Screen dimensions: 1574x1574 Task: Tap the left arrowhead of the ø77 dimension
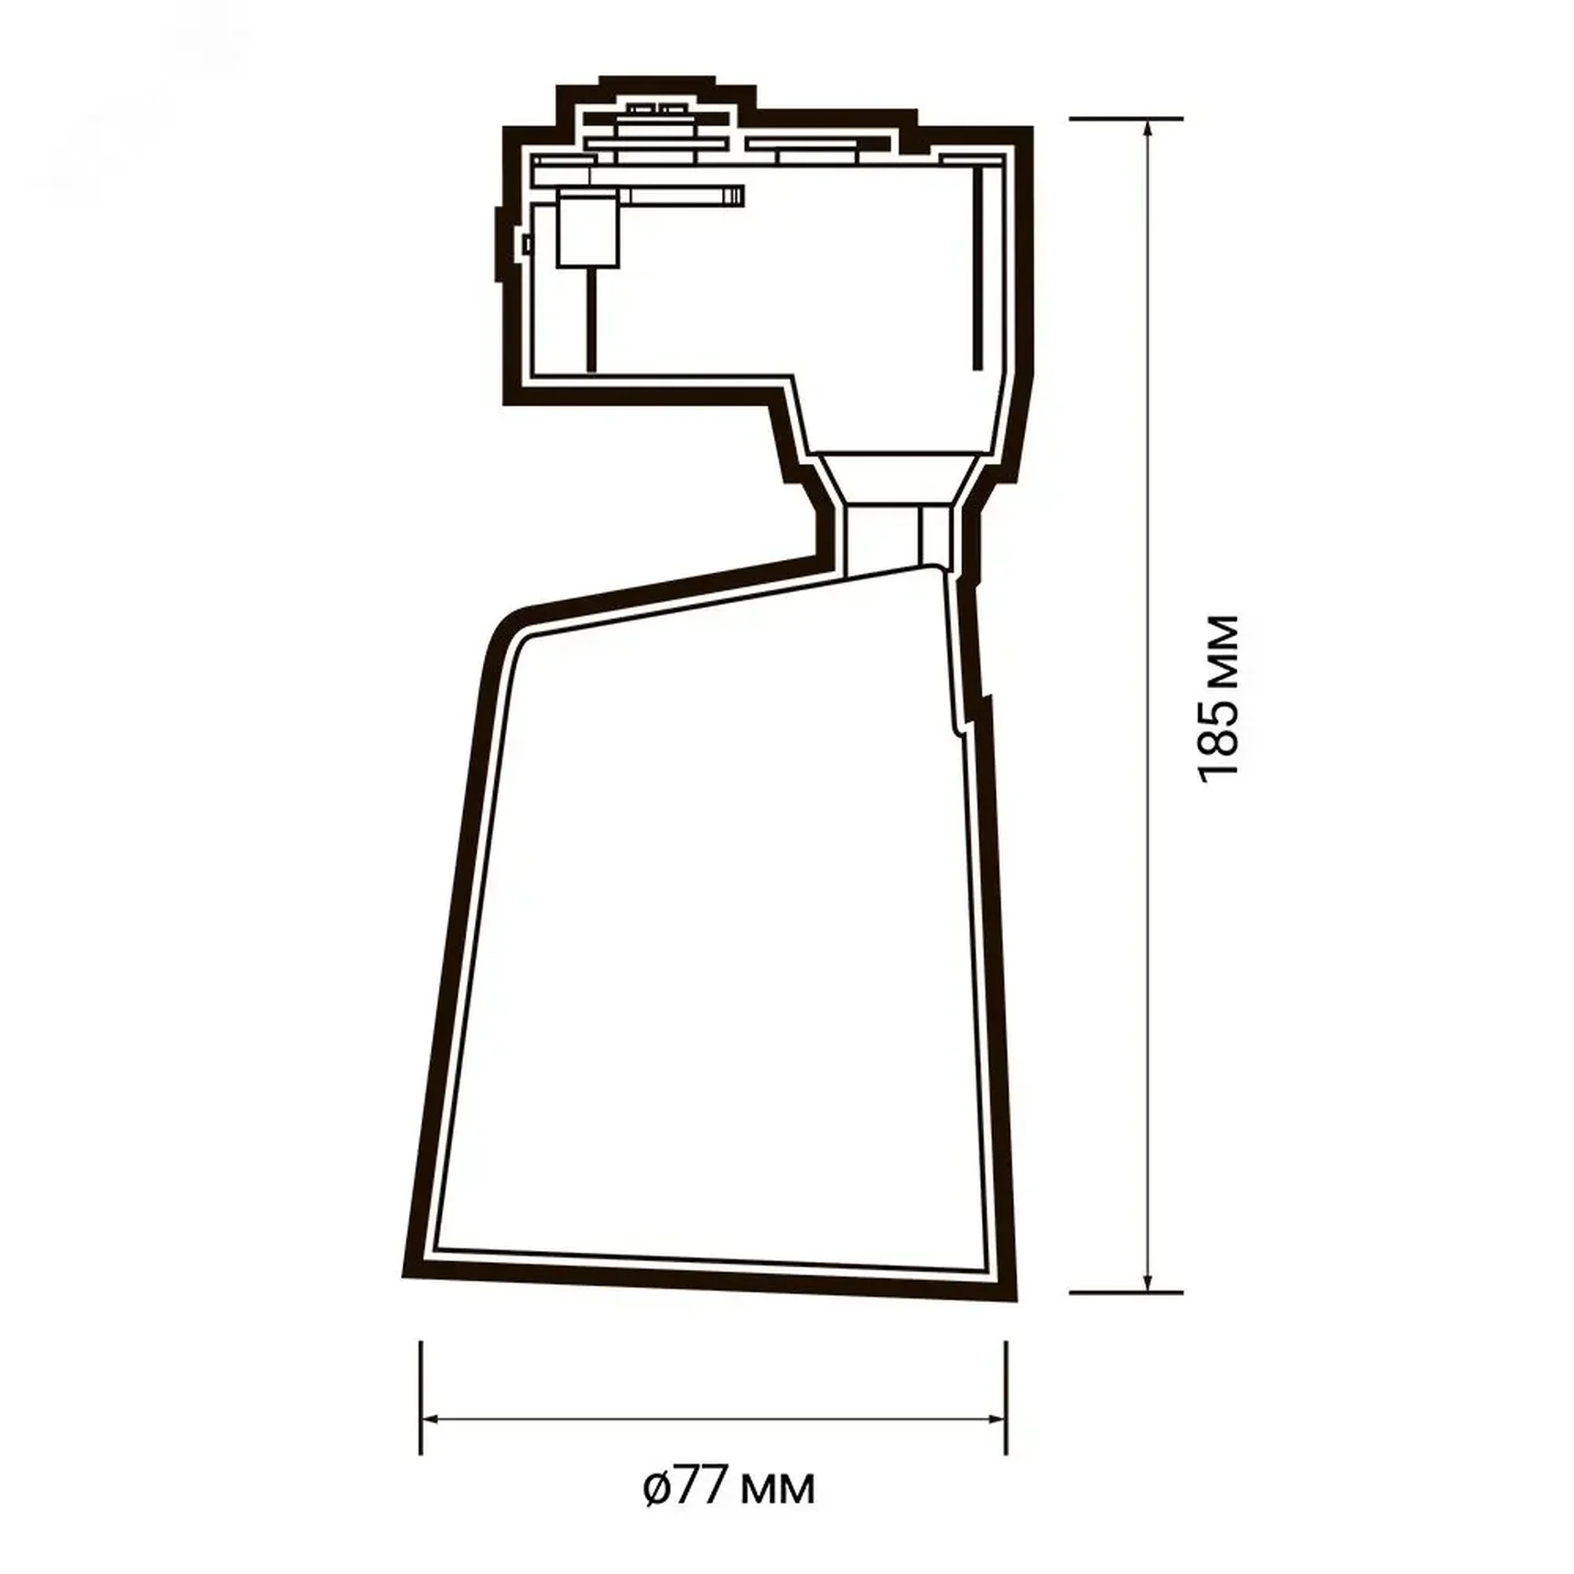coord(430,1419)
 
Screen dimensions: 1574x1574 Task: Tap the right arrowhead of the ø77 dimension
coord(997,1419)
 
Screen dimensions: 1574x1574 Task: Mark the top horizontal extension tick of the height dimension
coord(1126,119)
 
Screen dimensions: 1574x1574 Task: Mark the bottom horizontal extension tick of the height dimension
coord(1126,1293)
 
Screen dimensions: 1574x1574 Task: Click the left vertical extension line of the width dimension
coord(421,1396)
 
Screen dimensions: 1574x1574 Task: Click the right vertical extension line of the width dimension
coord(1006,1396)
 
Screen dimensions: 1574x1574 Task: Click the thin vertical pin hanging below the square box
coord(591,320)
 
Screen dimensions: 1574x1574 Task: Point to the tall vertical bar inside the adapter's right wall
coord(977,270)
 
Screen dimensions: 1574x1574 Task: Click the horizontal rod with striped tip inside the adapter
coord(682,195)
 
